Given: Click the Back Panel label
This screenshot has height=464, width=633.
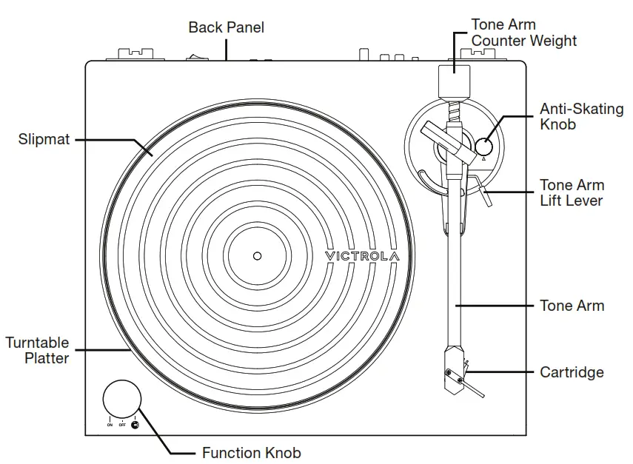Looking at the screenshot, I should click(x=226, y=27).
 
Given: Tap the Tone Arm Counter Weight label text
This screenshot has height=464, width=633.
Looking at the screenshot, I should click(x=523, y=33).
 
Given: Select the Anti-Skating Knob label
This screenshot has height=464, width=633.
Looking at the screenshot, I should click(x=581, y=117).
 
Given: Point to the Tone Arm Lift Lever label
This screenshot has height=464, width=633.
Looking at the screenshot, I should click(x=572, y=192).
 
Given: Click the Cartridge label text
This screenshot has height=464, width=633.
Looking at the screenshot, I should click(x=572, y=372).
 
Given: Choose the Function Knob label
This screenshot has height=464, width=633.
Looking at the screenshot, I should click(x=251, y=453).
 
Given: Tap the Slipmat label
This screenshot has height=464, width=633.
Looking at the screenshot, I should click(x=44, y=138).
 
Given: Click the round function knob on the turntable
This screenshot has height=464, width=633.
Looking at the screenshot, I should click(x=121, y=400).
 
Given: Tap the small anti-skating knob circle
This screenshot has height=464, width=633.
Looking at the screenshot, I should click(x=483, y=147).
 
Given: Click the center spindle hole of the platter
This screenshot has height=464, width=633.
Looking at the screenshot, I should click(x=257, y=256).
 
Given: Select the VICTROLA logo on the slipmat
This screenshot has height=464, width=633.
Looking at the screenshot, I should click(x=362, y=256).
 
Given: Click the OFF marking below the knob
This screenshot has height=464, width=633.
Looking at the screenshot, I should click(x=122, y=426).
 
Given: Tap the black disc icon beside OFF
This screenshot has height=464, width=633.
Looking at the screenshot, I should click(x=135, y=425).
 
